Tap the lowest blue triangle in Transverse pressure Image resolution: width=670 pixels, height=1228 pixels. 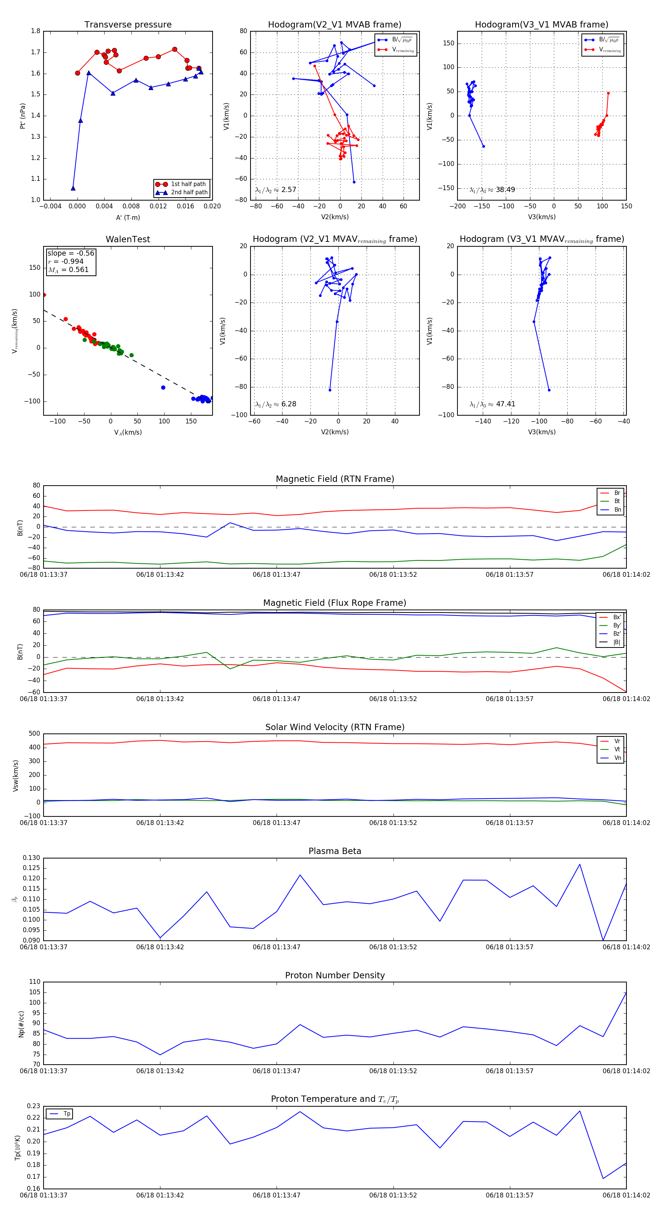(x=73, y=188)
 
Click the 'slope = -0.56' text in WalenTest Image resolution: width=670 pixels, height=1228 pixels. (x=71, y=253)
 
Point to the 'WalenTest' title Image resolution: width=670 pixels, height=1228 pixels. (x=128, y=239)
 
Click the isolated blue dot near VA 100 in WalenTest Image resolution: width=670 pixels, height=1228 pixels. (x=163, y=387)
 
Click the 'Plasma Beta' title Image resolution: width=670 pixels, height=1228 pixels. (x=335, y=851)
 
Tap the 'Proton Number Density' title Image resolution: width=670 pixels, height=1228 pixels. (x=335, y=975)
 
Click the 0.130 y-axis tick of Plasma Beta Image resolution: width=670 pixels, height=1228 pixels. (x=32, y=858)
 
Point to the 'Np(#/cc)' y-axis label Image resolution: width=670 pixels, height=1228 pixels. (x=21, y=1024)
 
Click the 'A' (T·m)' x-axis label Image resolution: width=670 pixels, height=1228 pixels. (x=128, y=218)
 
